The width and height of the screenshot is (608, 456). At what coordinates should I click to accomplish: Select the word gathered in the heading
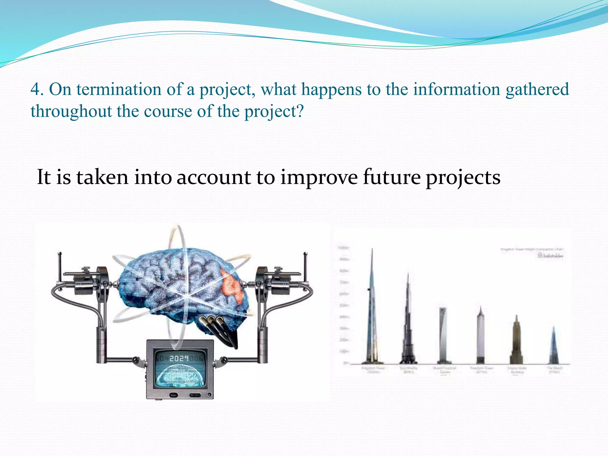click(x=537, y=89)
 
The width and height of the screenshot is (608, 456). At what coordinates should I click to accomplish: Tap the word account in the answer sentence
click(x=214, y=177)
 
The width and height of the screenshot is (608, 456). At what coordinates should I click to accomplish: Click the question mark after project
click(x=300, y=111)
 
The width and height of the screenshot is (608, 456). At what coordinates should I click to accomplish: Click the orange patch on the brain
click(x=232, y=286)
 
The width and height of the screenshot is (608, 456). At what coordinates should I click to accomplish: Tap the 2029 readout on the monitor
click(x=179, y=359)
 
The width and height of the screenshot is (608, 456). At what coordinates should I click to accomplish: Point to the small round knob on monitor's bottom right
click(x=210, y=395)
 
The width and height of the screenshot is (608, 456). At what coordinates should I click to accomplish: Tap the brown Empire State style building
click(x=516, y=341)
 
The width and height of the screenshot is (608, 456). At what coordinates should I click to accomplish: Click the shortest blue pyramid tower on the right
click(x=553, y=347)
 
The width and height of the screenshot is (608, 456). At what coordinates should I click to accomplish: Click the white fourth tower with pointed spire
click(x=481, y=335)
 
